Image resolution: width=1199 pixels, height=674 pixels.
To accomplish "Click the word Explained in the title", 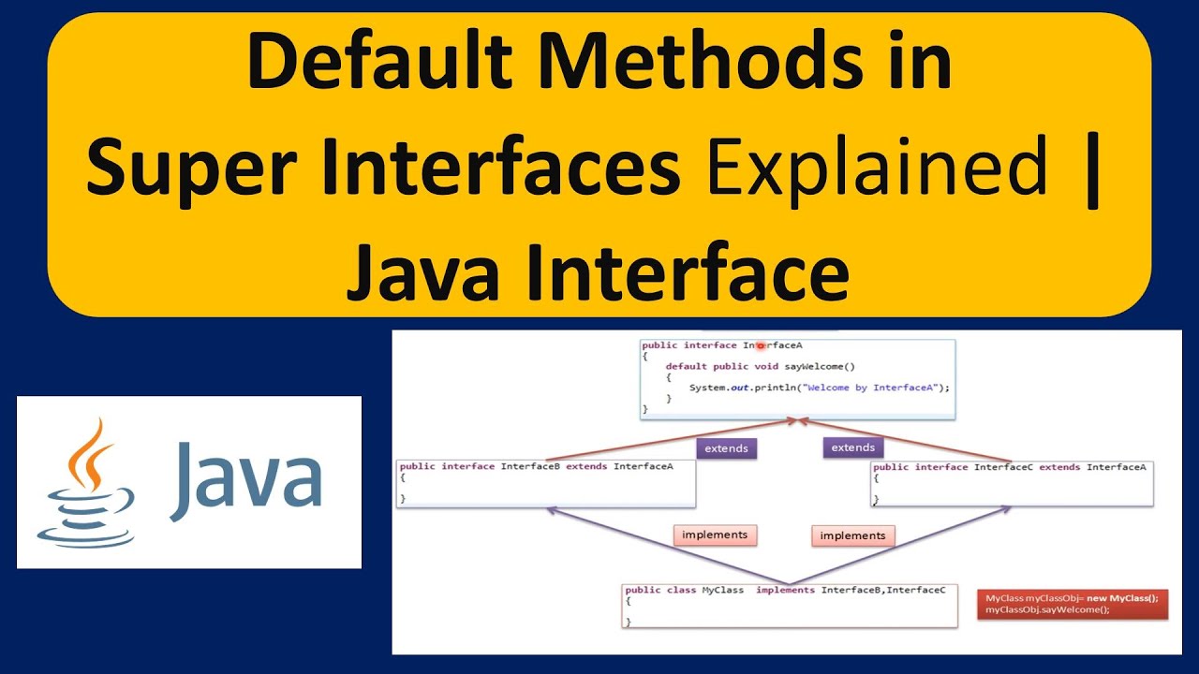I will pos(877,168).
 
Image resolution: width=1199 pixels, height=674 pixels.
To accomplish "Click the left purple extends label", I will pos(726,448).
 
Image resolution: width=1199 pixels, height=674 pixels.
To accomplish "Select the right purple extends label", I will pos(853,447).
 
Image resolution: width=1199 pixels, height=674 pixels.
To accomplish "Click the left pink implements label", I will pos(715,535).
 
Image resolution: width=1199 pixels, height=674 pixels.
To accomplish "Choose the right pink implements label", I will pos(852,536).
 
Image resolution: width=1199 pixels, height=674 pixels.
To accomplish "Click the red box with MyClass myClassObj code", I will pos(1072,604).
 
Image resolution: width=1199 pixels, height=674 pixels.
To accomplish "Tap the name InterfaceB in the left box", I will pos(530,466).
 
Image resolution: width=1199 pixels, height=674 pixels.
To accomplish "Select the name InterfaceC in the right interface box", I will pos(1003,466).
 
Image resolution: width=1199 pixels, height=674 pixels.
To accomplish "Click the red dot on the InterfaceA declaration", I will pos(762,345).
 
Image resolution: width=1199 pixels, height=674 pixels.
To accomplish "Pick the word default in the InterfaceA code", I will pos(686,366).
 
